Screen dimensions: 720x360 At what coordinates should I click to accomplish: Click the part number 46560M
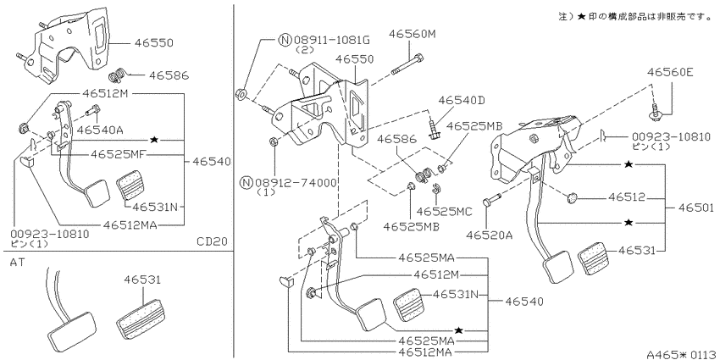(411, 34)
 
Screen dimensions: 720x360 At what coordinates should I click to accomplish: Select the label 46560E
(670, 72)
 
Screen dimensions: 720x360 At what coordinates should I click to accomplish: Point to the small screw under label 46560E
(655, 112)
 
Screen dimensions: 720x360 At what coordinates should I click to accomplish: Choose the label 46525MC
(444, 211)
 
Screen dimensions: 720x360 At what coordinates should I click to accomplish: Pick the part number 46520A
(489, 235)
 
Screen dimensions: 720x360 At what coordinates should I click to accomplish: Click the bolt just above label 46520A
(491, 201)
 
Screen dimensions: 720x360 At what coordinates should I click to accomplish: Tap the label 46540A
(100, 130)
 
